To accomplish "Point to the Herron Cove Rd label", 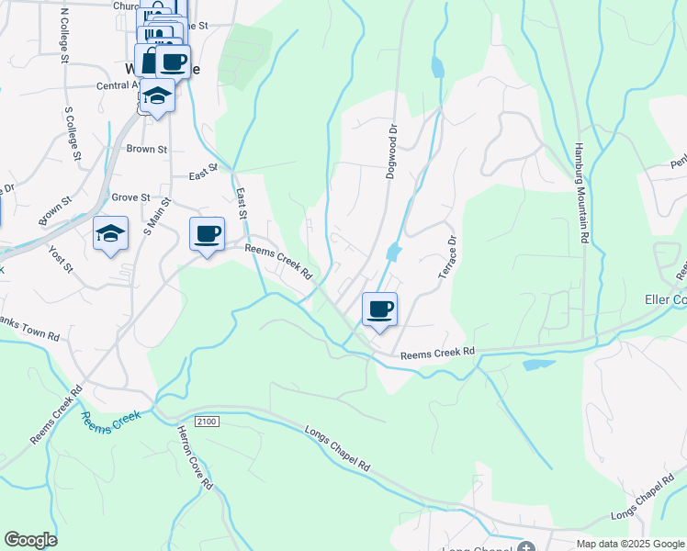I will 196,457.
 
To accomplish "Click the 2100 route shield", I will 208,421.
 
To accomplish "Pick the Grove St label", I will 130,197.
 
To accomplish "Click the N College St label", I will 64,36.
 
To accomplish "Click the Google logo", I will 30,540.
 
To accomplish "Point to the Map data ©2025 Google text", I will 630,544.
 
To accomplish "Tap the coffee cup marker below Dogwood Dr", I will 379,309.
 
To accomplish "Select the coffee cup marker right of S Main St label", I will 207,233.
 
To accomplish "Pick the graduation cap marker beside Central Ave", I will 158,96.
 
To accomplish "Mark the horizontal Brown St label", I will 147,149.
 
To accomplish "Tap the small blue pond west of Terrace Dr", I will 394,251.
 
